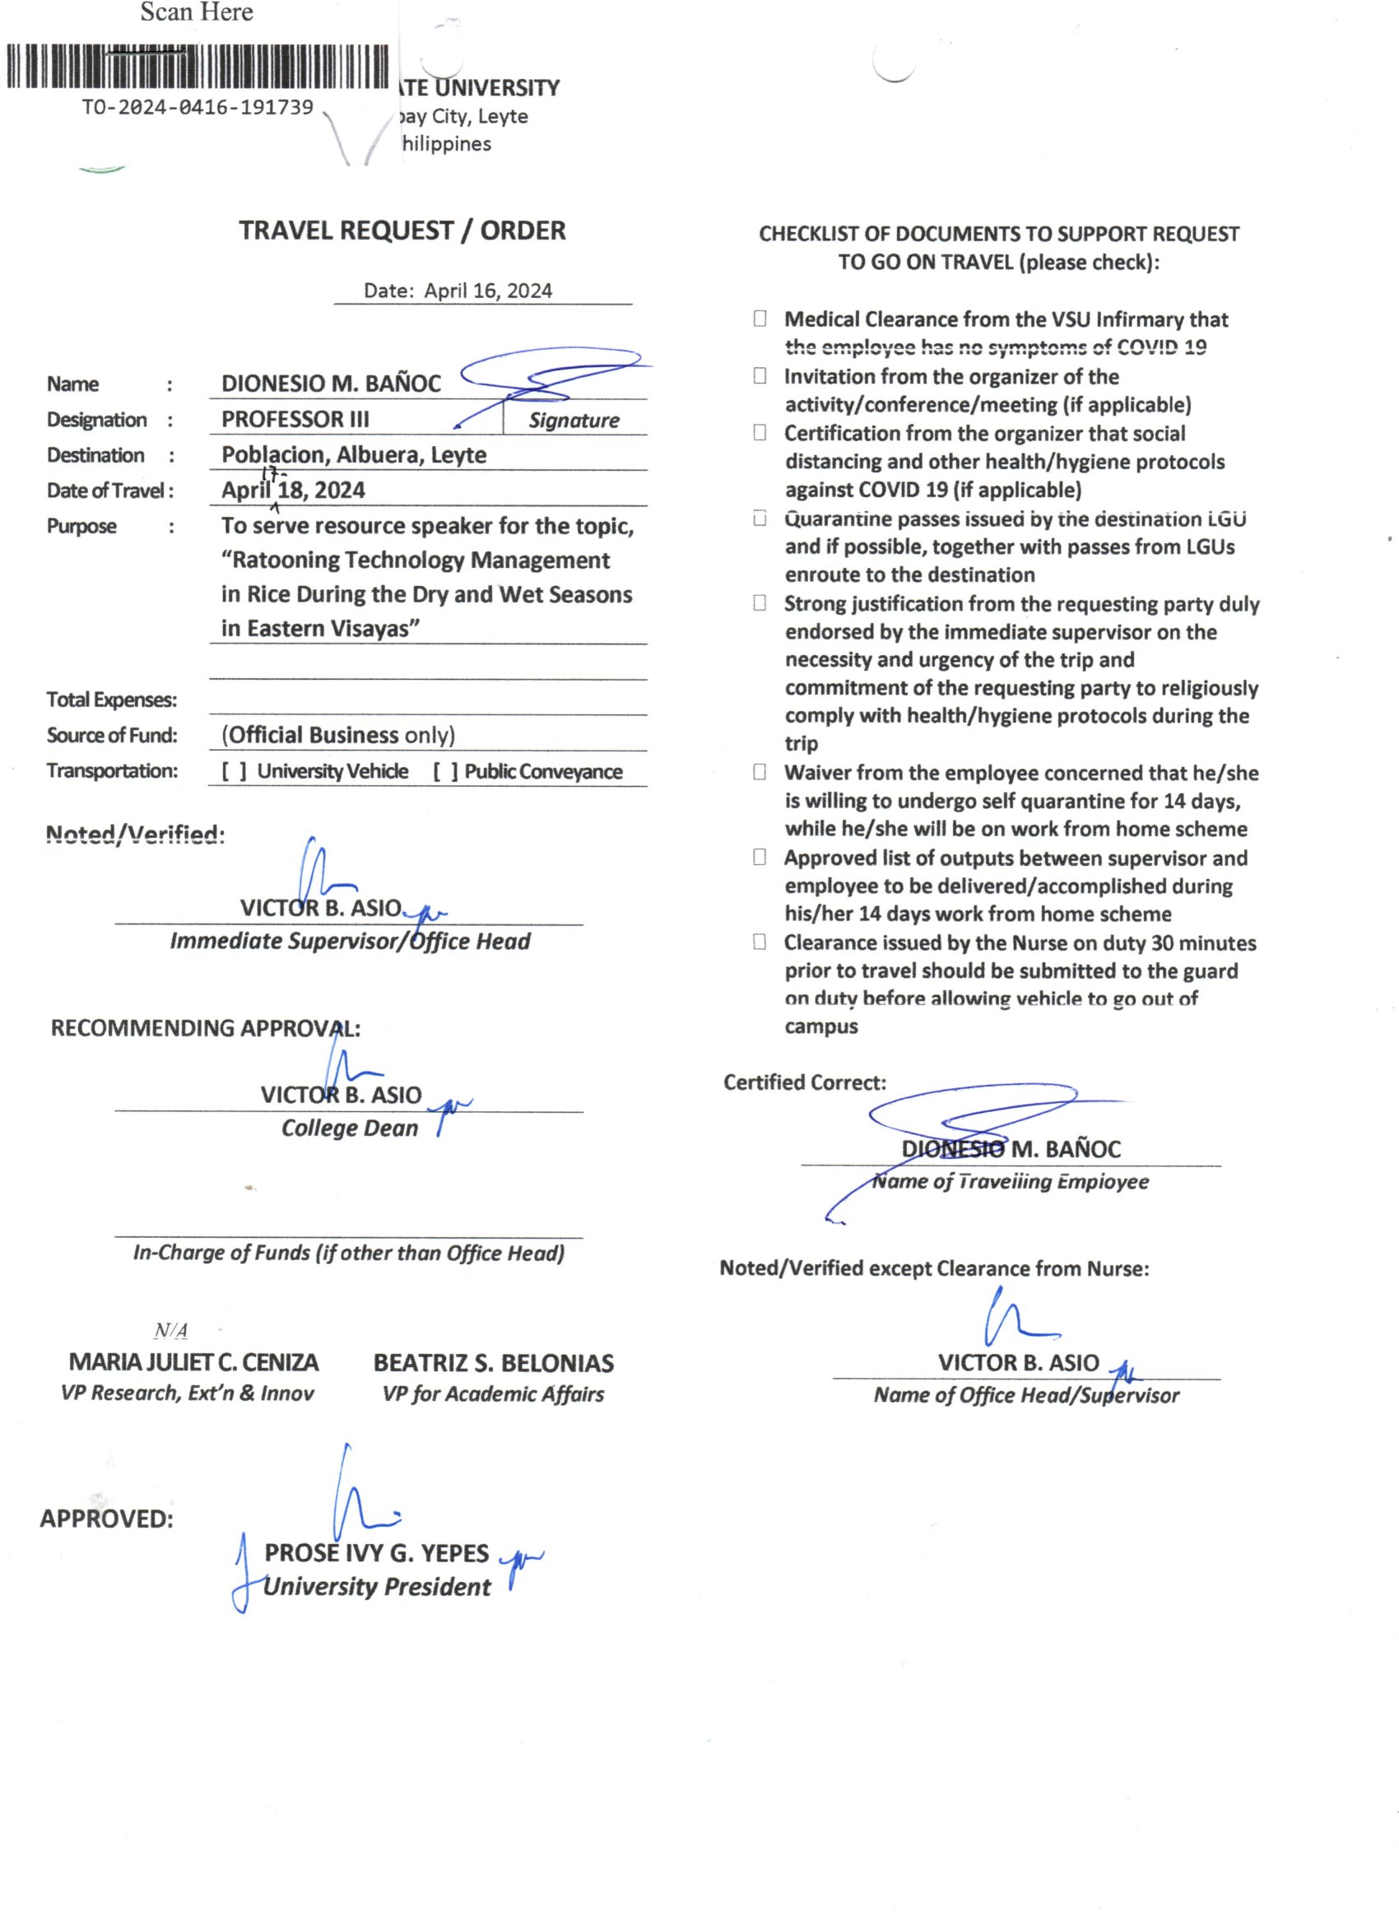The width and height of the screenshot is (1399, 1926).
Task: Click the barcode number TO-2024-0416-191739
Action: (197, 107)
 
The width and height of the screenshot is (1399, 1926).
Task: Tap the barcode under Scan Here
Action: (197, 66)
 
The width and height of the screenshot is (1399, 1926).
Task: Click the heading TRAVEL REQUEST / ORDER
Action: (402, 230)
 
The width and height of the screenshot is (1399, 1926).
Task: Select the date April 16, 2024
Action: (487, 291)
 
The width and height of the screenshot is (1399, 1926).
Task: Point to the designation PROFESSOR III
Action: (295, 419)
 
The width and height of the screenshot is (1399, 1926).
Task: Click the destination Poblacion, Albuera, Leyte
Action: (353, 454)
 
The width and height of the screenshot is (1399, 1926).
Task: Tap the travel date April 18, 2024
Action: (293, 490)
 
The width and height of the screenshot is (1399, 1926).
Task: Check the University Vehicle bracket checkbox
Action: (235, 771)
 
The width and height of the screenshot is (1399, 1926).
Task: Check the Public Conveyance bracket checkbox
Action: (445, 771)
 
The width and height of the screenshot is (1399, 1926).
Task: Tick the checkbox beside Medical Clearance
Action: (760, 319)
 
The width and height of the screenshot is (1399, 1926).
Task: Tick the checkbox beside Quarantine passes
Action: (760, 518)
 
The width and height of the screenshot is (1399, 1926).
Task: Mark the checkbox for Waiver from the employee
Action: (760, 772)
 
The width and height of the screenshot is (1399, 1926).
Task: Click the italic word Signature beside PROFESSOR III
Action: (574, 421)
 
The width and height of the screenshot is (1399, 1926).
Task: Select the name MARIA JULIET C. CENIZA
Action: (193, 1363)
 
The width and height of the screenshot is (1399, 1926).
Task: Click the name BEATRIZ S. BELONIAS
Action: (493, 1363)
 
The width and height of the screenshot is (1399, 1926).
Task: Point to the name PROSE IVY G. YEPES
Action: (376, 1553)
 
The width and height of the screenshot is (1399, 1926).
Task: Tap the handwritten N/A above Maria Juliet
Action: (170, 1331)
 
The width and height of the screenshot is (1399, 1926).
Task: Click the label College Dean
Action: (350, 1128)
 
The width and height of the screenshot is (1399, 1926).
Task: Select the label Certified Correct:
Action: (804, 1082)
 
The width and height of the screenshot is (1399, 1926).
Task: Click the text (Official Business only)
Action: (338, 735)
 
